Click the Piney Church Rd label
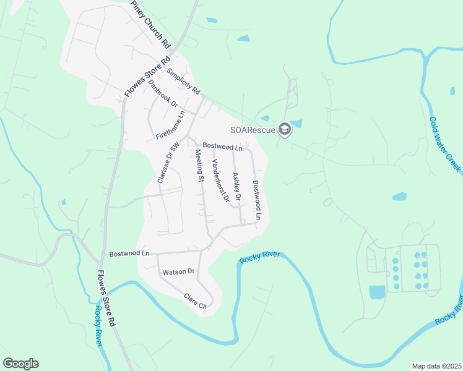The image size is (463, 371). (x=150, y=25)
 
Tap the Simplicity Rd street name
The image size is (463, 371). (x=184, y=81)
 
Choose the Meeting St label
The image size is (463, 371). (x=200, y=166)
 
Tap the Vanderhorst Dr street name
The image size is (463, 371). (x=221, y=181)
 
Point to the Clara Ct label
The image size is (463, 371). (x=194, y=301)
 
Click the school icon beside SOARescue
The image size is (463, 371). (x=284, y=129)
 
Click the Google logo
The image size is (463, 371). (x=20, y=364)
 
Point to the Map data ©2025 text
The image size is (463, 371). (x=436, y=366)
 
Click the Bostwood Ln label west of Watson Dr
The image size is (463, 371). (x=129, y=254)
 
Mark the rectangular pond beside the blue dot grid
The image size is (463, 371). (x=376, y=292)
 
